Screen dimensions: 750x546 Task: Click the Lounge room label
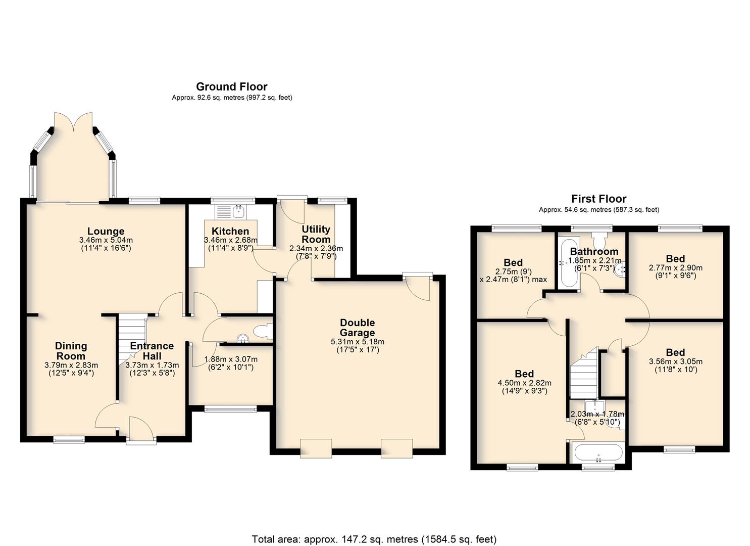click(x=106, y=231)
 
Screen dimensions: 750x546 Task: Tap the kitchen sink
click(x=231, y=211)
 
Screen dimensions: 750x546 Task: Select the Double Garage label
click(x=357, y=328)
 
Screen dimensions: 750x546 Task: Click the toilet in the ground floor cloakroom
click(x=263, y=331)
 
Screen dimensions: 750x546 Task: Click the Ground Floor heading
click(x=232, y=87)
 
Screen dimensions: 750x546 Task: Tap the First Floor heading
click(x=598, y=199)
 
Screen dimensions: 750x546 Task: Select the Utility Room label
click(x=316, y=234)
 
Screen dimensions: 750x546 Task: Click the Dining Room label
click(x=71, y=351)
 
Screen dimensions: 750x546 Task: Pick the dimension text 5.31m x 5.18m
click(x=358, y=342)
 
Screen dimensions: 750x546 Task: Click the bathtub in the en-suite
click(x=598, y=453)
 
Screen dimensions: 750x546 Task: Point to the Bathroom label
click(x=594, y=251)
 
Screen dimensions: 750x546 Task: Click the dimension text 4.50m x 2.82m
click(x=524, y=383)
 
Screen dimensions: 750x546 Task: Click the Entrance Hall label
click(x=152, y=351)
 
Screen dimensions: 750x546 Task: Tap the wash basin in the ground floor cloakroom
click(x=243, y=339)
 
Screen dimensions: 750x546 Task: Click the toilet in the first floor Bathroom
click(x=598, y=241)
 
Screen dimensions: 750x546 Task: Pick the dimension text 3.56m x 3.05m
click(x=675, y=361)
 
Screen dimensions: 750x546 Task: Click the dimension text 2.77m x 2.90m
click(x=675, y=268)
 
